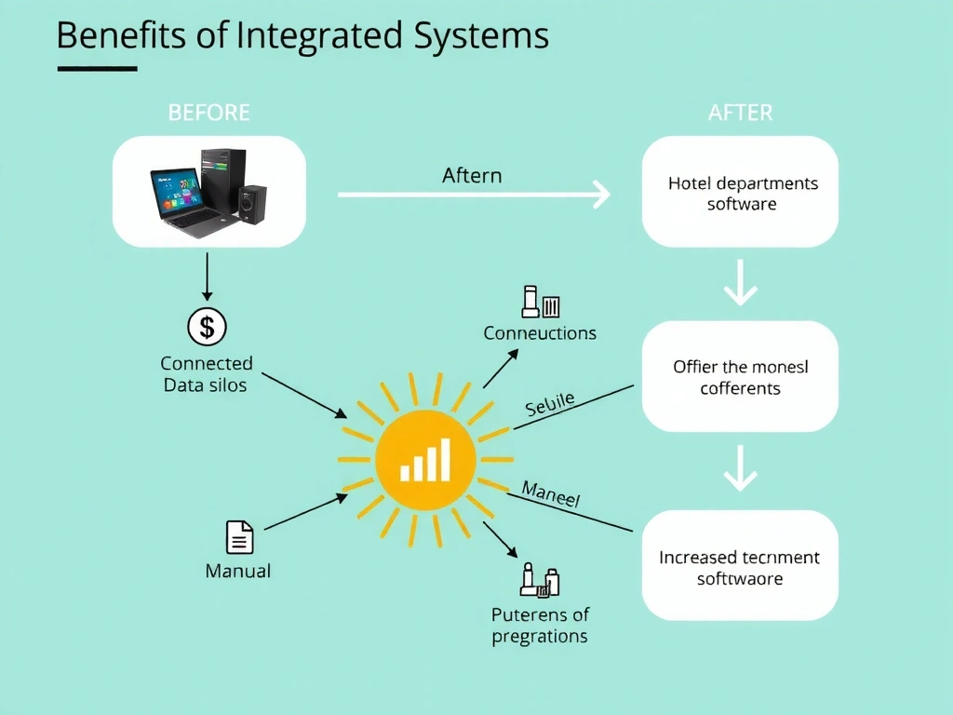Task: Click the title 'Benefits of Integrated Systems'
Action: [x=302, y=35]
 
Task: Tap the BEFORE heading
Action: [x=208, y=113]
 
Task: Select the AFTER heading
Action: [x=740, y=113]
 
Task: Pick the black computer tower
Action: [x=224, y=181]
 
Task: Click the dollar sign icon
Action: [x=207, y=327]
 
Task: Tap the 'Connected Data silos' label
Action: [x=206, y=373]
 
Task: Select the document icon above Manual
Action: [x=239, y=537]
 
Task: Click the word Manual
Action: [x=238, y=571]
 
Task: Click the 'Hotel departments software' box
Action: [x=741, y=193]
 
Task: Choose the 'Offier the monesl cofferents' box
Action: [x=741, y=377]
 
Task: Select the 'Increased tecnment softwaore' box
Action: [x=740, y=567]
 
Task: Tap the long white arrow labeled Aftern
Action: [x=473, y=195]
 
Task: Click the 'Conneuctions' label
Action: [x=540, y=332]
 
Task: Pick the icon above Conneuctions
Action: [x=540, y=302]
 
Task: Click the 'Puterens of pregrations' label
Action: [x=540, y=625]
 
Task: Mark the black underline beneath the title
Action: [x=97, y=68]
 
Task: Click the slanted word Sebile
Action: [x=549, y=404]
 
